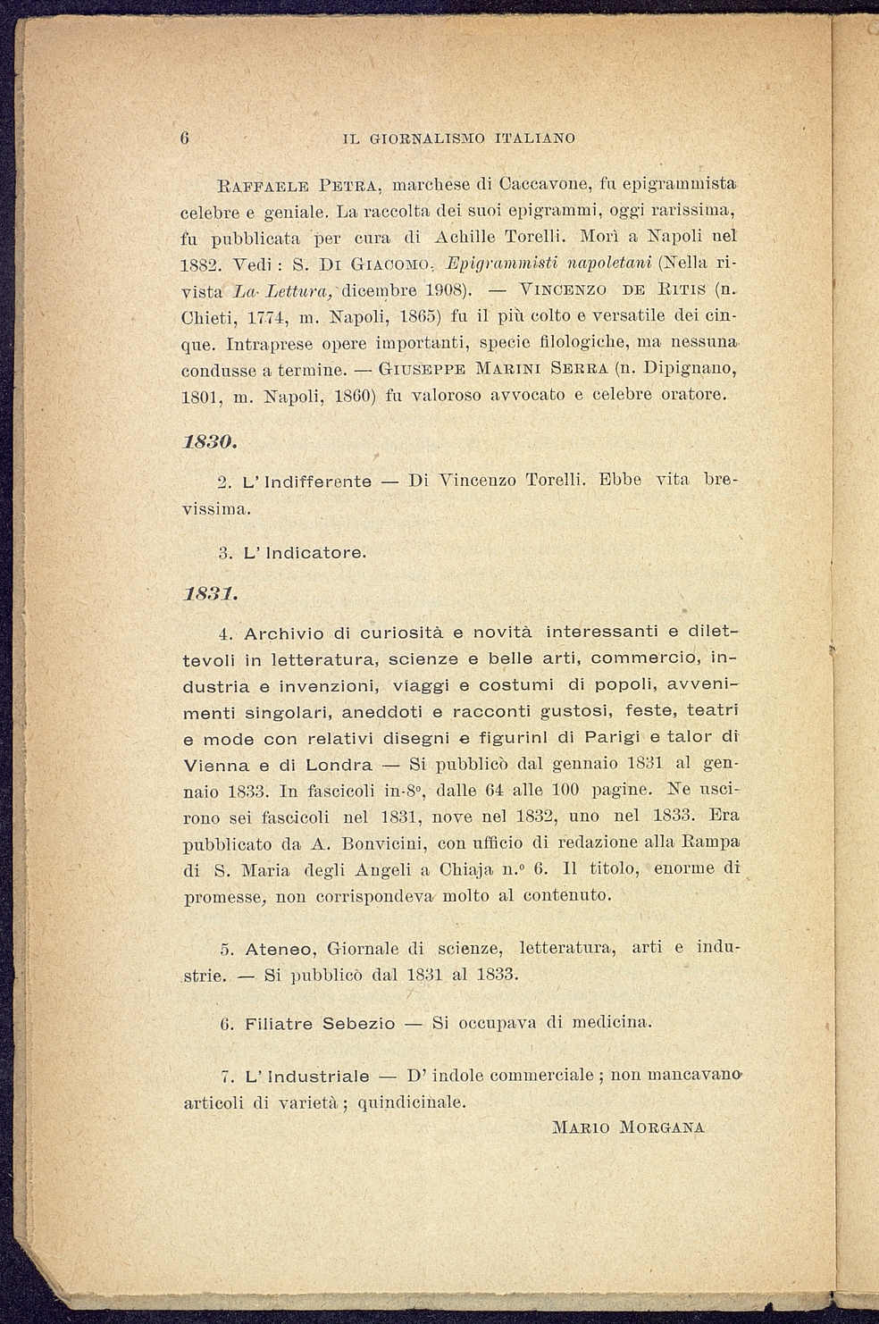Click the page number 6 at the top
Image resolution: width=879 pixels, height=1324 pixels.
(x=185, y=138)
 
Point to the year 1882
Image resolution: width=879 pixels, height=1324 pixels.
(x=200, y=265)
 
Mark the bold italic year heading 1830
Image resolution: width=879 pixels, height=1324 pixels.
(x=209, y=442)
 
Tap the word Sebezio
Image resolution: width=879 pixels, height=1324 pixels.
(x=358, y=1024)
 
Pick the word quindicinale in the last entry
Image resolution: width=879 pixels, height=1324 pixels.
(x=411, y=1102)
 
